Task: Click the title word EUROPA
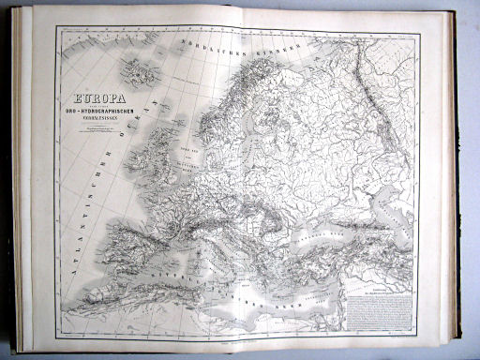coord(111,95)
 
